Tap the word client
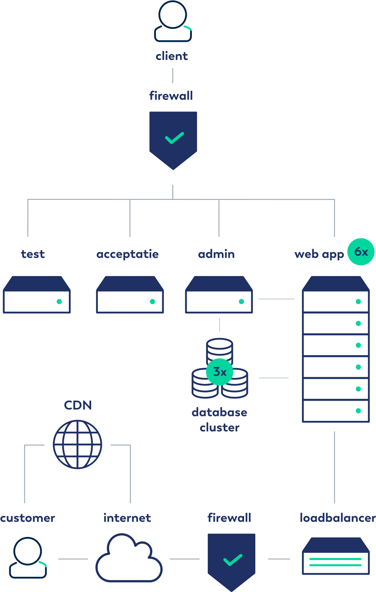(172, 56)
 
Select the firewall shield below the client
(173, 140)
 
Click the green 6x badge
(361, 252)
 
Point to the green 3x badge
(219, 372)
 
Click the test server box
(37, 295)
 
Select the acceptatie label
(127, 254)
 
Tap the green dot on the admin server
(242, 301)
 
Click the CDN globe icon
(77, 444)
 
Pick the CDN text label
(78, 405)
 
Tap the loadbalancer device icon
(336, 556)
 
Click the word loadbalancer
(338, 518)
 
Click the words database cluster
(219, 420)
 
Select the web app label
(319, 254)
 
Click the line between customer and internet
(73, 559)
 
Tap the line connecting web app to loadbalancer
(335, 467)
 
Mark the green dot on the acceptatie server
(152, 301)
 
